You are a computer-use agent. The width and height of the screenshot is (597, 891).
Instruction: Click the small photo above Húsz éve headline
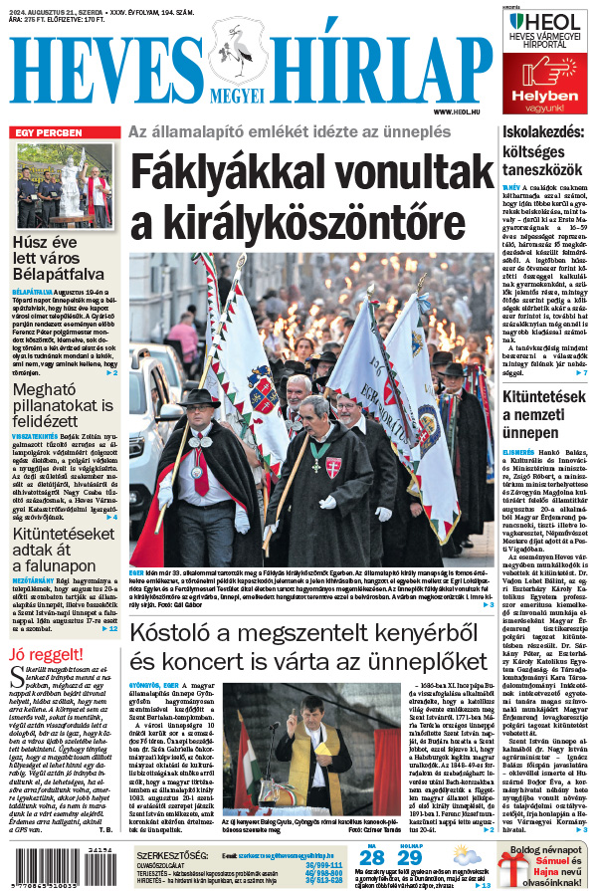click(x=65, y=186)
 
